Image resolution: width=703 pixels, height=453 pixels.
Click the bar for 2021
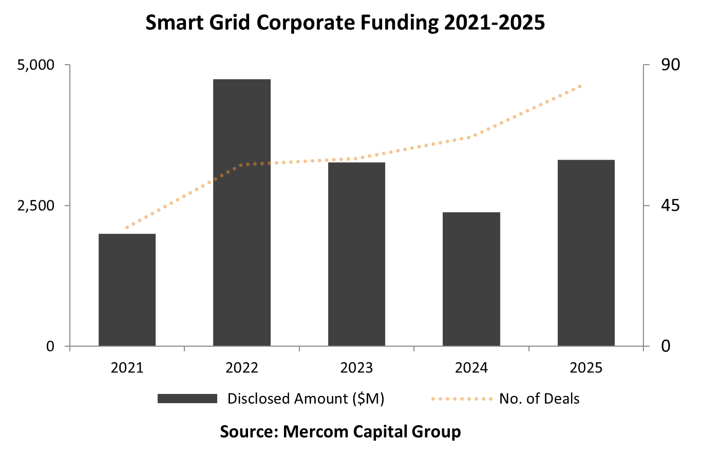[x=127, y=290]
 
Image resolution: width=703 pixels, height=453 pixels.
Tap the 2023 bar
[x=356, y=254]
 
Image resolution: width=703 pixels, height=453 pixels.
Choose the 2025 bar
[x=586, y=253]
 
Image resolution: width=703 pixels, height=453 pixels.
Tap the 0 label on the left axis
[x=50, y=347]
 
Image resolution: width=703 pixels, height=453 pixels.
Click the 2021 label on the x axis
[x=127, y=368]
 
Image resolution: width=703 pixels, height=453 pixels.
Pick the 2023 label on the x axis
[x=356, y=368]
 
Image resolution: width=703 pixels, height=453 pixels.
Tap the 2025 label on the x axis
[x=586, y=368]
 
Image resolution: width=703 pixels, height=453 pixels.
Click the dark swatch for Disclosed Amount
[x=187, y=399]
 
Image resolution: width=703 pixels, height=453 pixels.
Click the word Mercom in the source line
[x=315, y=431]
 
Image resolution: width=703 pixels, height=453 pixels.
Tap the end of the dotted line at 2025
[x=580, y=86]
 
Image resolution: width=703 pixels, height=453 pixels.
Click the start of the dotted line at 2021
[x=127, y=227]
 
